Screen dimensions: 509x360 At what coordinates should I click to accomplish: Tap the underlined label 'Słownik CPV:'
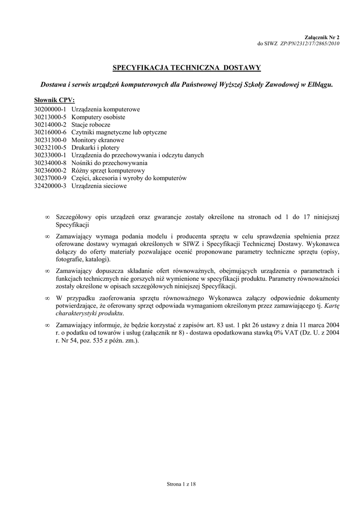[x=54, y=100]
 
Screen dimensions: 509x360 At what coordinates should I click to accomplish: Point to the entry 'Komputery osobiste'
[x=98, y=117]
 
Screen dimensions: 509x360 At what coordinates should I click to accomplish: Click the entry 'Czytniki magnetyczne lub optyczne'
[x=119, y=132]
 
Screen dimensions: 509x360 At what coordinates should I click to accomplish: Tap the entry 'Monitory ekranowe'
[x=97, y=140]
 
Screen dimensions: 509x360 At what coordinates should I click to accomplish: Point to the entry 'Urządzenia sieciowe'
[x=99, y=186]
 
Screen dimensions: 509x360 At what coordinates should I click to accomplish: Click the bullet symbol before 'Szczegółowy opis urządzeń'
[x=47, y=217]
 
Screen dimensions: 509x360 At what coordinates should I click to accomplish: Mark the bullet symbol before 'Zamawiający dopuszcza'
[x=47, y=270]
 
